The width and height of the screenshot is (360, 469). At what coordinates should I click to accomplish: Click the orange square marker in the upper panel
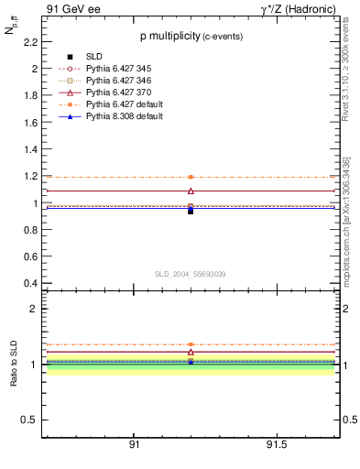[191, 177]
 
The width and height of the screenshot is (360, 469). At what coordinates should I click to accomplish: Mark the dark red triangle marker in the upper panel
[191, 191]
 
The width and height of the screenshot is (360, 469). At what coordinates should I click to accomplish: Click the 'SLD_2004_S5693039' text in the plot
[191, 274]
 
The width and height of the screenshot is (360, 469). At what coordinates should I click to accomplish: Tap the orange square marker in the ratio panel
[191, 344]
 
